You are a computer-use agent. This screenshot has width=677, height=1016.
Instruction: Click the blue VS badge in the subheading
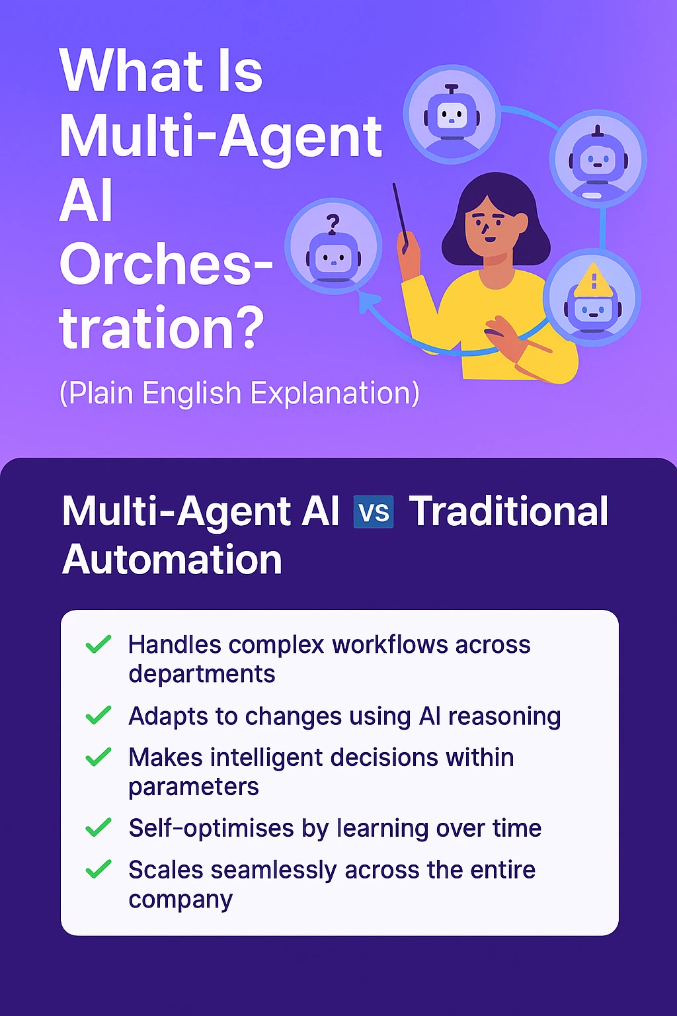374,512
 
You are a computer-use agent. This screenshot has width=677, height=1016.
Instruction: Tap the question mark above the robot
333,224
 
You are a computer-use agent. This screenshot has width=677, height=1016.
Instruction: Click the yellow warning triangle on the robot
593,280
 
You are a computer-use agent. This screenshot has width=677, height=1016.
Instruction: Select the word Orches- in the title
165,264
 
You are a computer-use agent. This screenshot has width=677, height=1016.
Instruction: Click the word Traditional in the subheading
508,511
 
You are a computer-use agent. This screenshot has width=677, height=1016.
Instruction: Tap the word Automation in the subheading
172,560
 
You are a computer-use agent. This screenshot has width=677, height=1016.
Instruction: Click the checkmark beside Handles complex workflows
99,644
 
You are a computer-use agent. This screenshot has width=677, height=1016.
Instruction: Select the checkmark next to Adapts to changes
99,715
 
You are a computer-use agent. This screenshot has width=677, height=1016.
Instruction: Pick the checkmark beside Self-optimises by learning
99,827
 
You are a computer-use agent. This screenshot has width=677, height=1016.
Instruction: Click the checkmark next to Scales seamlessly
99,868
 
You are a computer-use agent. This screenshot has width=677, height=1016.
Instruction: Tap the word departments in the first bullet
202,674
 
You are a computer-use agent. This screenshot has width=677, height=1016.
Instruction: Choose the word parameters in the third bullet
194,787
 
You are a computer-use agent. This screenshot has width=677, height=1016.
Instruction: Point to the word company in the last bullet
180,900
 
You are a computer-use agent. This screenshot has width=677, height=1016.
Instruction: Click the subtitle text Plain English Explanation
239,393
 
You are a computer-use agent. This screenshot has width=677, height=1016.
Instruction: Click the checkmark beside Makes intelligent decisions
99,757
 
